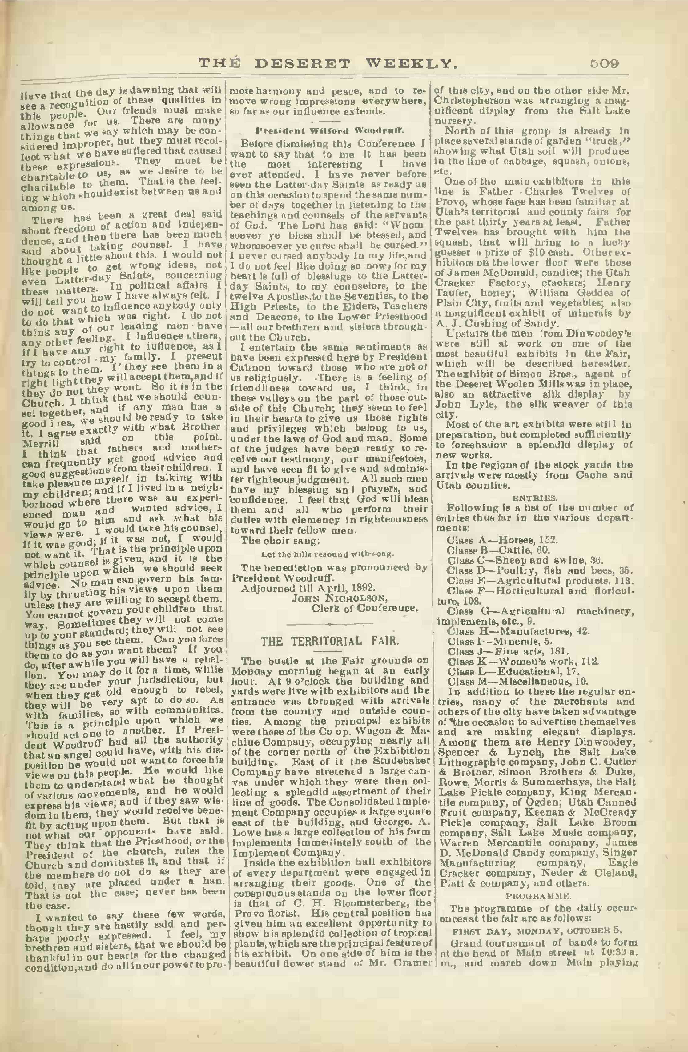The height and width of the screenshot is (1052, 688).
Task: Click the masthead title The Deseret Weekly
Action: (328, 64)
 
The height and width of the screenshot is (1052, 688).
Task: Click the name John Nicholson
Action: (339, 598)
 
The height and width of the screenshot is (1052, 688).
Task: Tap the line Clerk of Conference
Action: (365, 609)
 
